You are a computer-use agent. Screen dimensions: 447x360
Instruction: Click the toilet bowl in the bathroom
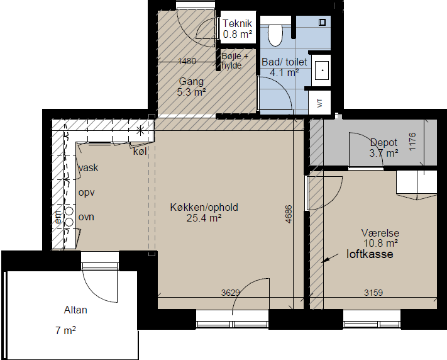pos(275,35)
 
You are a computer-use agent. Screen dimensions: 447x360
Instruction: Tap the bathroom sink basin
pos(323,70)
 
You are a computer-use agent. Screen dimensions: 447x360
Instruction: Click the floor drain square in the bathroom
pos(322,22)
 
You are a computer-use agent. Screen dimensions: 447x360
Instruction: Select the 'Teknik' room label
pos(237,23)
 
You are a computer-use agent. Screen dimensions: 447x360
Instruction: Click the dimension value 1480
pos(187,61)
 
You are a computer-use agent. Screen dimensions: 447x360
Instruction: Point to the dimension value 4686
pos(289,214)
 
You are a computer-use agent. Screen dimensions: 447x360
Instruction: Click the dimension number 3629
pos(230,292)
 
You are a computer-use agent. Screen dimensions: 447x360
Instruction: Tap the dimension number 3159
pos(373,292)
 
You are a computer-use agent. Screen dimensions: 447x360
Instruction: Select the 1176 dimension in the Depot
pos(412,142)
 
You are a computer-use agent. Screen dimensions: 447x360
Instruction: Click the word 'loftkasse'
pos(370,254)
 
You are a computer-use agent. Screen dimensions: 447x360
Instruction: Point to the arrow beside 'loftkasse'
pos(329,258)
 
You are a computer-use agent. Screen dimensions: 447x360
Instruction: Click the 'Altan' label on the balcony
pos(75,310)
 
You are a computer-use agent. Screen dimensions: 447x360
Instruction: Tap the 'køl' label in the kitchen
pos(140,151)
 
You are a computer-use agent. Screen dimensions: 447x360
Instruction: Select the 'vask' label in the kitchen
pos(89,167)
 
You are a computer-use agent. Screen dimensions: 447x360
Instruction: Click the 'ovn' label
pos(86,217)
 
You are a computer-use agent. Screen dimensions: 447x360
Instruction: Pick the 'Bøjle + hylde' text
pos(235,60)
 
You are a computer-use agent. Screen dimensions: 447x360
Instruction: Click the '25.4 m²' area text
pos(204,218)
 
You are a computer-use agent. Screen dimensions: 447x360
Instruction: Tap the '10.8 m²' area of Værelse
pos(381,243)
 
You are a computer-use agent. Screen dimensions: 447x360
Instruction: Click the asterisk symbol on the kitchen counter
pos(140,131)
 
